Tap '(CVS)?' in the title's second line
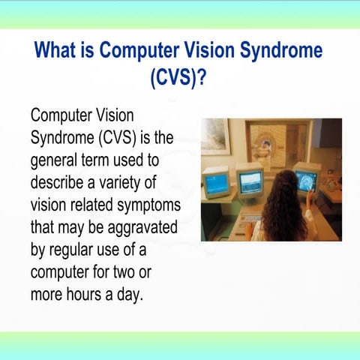coord(180,78)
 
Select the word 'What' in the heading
coord(64,52)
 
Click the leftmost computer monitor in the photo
coord(217,182)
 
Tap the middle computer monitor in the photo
coord(250,180)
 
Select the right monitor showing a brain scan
coord(307,180)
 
